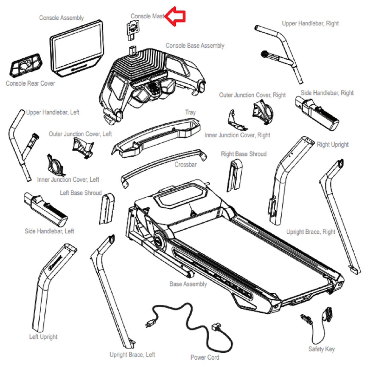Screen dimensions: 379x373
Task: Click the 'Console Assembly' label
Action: coord(61,18)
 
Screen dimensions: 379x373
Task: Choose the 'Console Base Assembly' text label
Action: coord(195,46)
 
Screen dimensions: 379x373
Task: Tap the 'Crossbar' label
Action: coord(185,165)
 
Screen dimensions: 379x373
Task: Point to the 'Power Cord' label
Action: coord(204,357)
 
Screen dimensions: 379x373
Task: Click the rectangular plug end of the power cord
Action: coord(216,328)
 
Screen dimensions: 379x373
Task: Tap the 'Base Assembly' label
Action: coord(188,284)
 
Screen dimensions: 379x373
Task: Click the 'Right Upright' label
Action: coord(333,145)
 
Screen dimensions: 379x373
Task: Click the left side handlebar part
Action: coord(45,210)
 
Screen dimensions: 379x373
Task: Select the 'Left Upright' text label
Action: coord(43,337)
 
